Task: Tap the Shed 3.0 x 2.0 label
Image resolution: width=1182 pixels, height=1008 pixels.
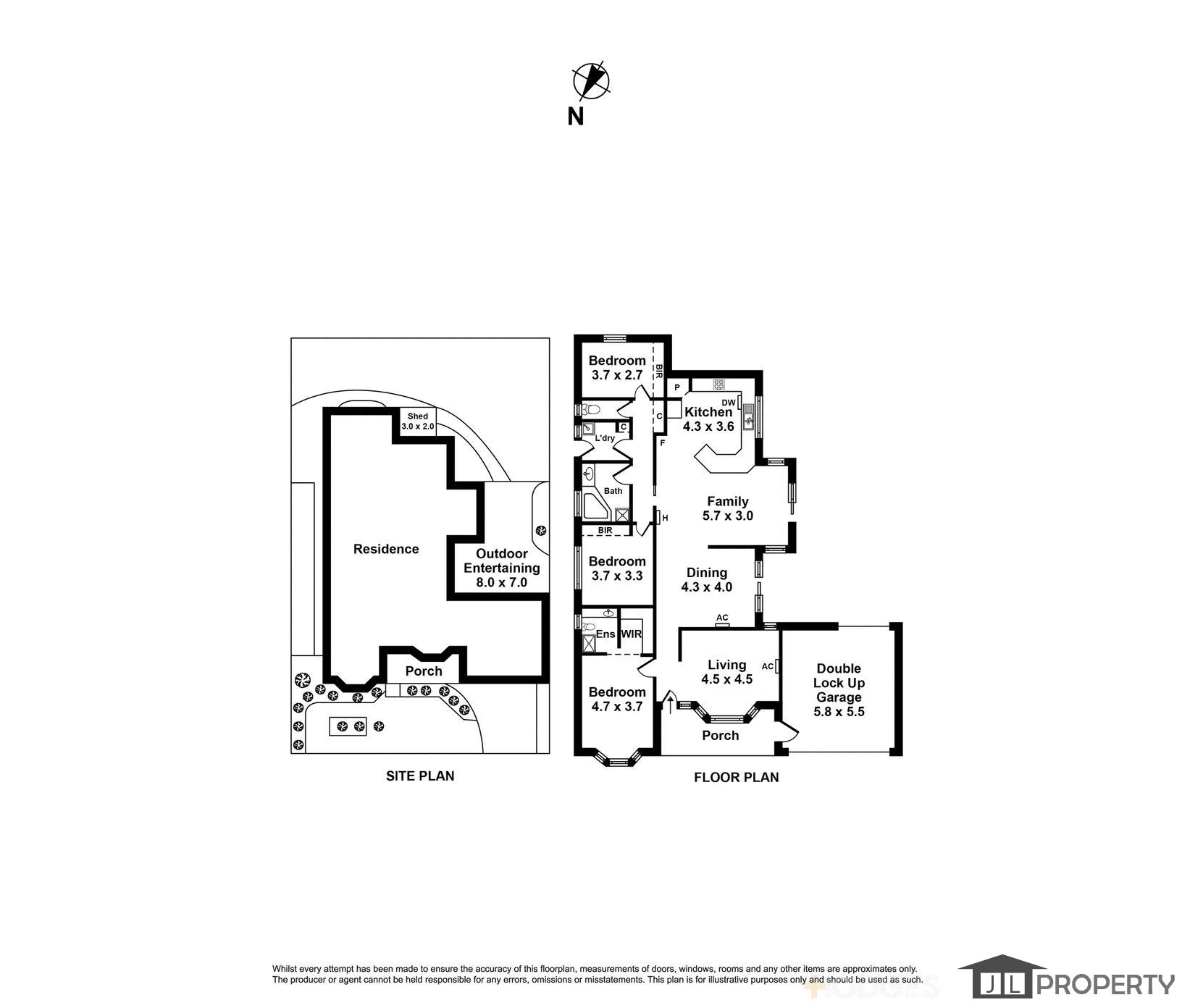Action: point(418,421)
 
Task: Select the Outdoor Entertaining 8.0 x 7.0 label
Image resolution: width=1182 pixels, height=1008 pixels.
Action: point(502,568)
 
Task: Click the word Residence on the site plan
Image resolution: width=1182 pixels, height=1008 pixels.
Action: point(386,549)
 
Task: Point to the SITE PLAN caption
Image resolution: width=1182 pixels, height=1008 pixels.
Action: point(420,776)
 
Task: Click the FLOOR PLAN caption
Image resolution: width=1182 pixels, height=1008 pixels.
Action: point(737,777)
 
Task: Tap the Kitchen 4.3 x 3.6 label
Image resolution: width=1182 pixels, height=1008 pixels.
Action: point(708,419)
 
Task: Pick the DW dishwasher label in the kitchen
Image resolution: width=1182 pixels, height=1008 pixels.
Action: point(729,403)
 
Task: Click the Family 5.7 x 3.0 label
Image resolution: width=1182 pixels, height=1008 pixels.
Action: point(728,508)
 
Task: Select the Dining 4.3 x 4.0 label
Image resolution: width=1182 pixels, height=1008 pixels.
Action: point(707,579)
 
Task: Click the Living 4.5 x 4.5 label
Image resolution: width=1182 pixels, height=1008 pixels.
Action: point(727,672)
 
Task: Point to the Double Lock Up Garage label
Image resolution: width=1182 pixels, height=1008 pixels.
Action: point(839,690)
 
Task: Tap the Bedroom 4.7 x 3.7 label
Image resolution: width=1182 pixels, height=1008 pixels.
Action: point(617,699)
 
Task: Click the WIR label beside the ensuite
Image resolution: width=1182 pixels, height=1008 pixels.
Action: point(632,634)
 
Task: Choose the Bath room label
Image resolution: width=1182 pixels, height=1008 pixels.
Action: point(613,491)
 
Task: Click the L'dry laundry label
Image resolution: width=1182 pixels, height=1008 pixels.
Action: point(605,438)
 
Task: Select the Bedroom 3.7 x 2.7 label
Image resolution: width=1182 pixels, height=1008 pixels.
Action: point(617,368)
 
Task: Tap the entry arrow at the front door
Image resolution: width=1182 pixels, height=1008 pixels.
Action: point(669,704)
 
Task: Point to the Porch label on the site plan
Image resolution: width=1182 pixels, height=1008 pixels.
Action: point(424,671)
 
